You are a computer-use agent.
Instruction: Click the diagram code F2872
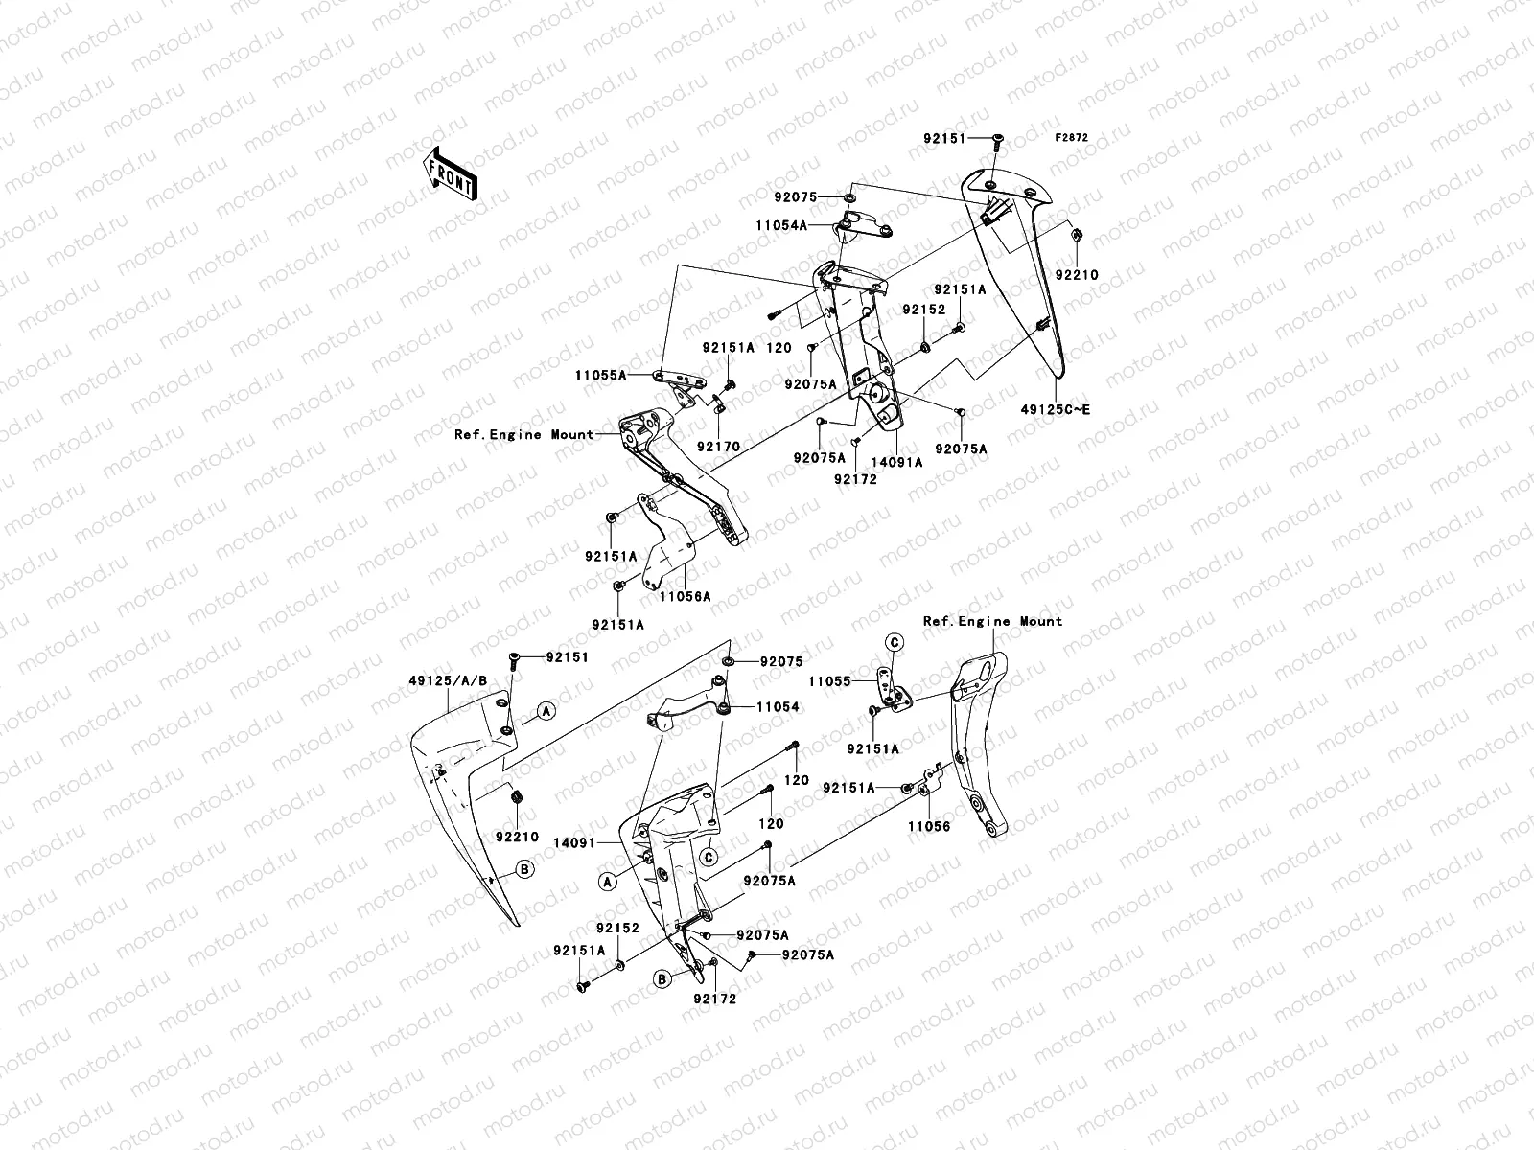[x=1072, y=138]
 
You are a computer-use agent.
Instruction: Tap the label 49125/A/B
[x=449, y=681]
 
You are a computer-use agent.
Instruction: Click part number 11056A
[x=685, y=596]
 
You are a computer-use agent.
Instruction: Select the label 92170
[x=718, y=447]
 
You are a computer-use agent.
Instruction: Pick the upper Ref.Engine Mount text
[x=524, y=434]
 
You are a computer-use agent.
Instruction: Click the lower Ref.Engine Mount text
[x=992, y=621]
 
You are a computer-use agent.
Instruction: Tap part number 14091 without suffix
[x=600, y=843]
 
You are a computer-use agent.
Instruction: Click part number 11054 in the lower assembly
[x=778, y=707]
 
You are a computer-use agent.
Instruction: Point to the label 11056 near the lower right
[x=929, y=826]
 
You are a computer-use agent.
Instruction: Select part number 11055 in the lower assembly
[x=830, y=682]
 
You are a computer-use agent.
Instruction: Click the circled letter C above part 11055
[x=893, y=641]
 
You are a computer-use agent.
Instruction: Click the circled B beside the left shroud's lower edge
[x=525, y=869]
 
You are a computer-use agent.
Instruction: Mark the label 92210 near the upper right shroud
[x=1077, y=275]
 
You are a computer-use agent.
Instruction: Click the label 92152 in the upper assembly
[x=923, y=310]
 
